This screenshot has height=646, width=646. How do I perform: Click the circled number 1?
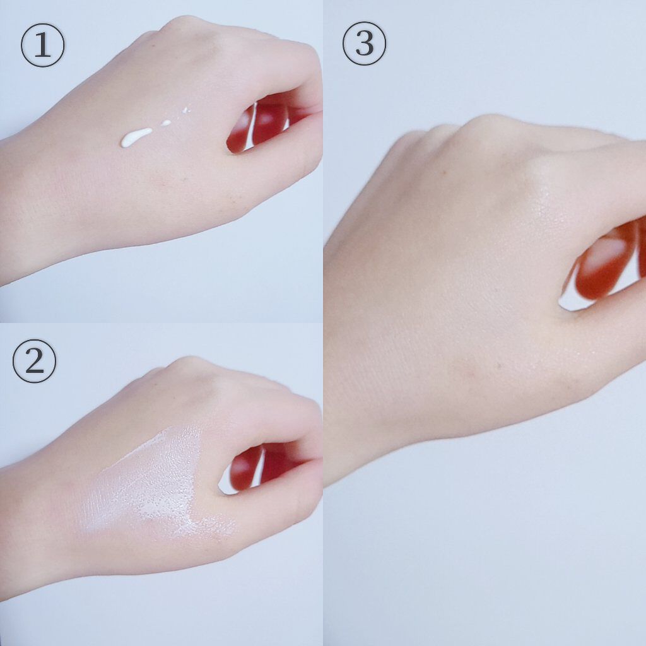point(42,45)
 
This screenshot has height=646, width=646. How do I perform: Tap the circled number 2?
point(34,361)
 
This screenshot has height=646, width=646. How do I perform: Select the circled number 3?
point(364,44)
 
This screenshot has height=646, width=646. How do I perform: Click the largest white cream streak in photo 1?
point(136,137)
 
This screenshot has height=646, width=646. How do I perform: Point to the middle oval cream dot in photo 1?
point(166,122)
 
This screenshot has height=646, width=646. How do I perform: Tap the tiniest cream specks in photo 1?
point(185,110)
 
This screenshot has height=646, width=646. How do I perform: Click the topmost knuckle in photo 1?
point(184,25)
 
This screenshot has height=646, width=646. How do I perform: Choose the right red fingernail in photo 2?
point(280,461)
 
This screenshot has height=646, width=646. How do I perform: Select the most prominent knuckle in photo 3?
point(490,124)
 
